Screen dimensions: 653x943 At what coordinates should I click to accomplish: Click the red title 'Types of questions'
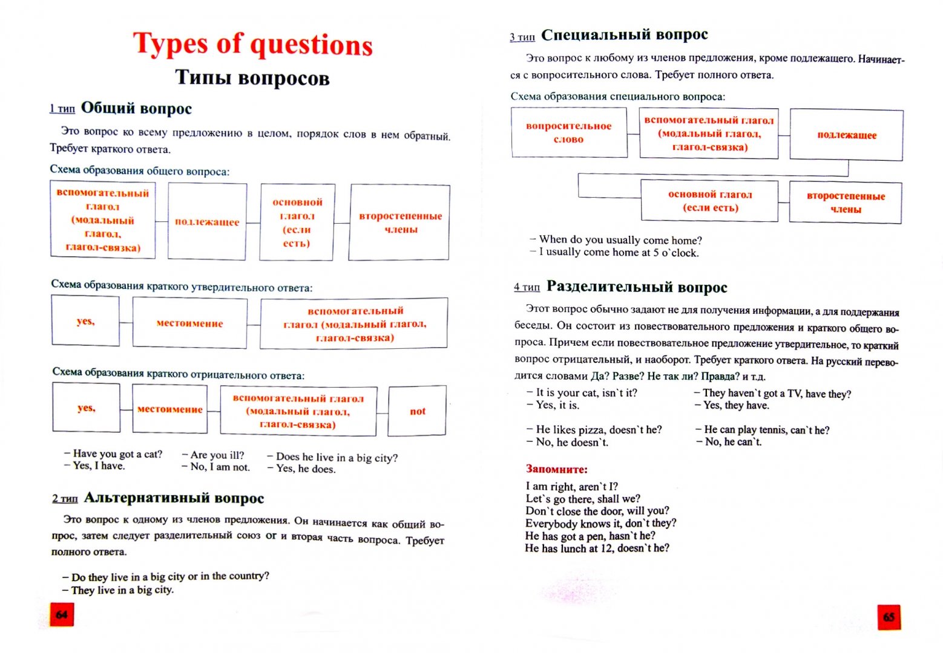(252, 44)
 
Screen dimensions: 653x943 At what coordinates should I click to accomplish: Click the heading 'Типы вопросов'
(252, 78)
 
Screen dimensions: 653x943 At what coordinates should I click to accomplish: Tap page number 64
(62, 614)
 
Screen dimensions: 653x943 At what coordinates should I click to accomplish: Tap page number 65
(889, 617)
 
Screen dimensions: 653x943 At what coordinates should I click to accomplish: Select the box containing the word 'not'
(417, 411)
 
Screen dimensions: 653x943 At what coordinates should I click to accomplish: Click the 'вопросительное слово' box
(568, 132)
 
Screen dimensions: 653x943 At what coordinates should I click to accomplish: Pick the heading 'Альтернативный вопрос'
(174, 498)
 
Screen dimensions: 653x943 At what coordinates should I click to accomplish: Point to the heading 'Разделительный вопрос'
(636, 287)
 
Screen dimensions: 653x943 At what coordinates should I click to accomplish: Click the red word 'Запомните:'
(556, 469)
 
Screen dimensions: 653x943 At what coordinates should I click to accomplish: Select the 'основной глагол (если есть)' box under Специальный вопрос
(709, 201)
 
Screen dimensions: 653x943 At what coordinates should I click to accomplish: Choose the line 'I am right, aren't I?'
(571, 486)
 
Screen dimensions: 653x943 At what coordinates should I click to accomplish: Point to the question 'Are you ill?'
(217, 455)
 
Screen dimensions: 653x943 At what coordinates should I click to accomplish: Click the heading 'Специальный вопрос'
(624, 35)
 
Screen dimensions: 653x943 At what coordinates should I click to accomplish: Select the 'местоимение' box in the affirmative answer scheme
(189, 323)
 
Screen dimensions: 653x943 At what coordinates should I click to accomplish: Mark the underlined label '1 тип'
(62, 109)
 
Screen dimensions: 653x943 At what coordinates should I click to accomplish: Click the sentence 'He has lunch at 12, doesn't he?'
(597, 548)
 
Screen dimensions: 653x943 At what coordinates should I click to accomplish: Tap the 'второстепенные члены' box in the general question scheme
(400, 223)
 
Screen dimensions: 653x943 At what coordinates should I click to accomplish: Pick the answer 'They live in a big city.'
(122, 590)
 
